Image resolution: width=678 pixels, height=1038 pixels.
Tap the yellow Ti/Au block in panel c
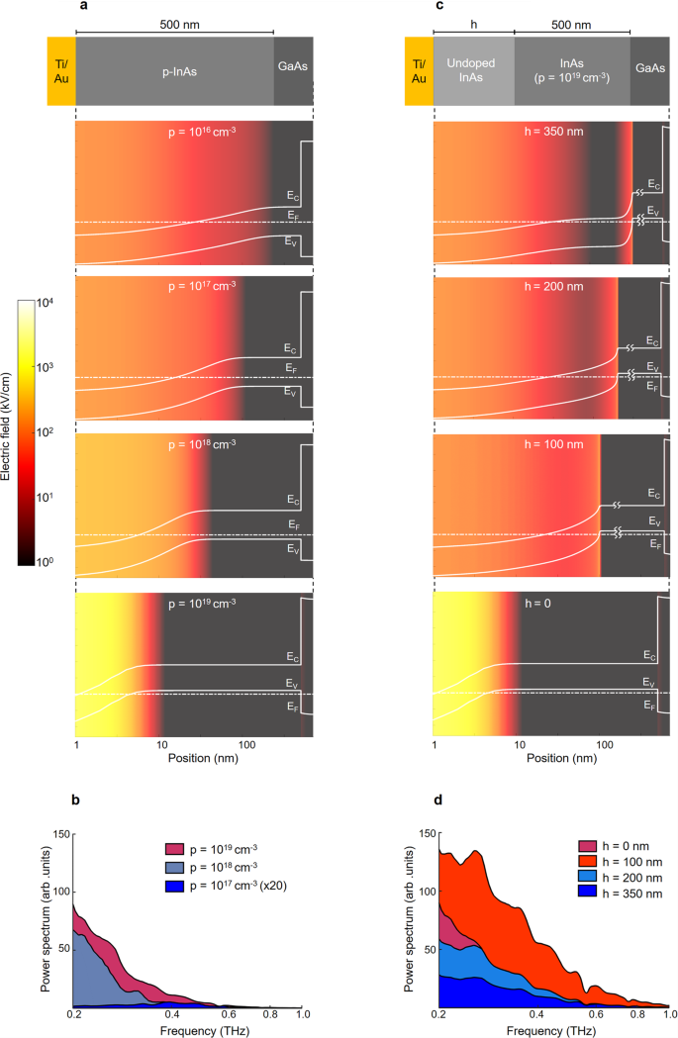pos(419,71)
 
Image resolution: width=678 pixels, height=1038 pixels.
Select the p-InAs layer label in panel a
pos(173,71)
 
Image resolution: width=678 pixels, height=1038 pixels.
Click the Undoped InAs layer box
pos(473,71)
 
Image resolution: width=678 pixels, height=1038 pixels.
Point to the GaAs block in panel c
pos(650,71)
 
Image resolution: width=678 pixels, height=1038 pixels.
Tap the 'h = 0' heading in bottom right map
pos(547,601)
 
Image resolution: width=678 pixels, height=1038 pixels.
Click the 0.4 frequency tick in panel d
pos(536,1015)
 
